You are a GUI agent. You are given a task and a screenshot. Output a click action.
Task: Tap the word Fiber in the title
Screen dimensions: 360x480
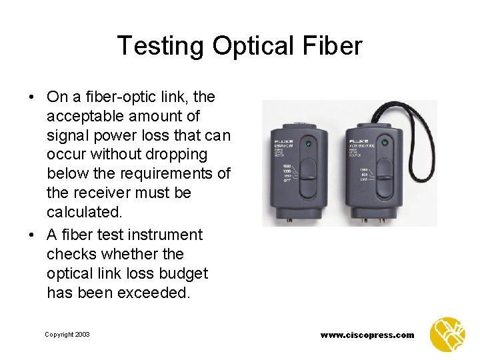point(336,46)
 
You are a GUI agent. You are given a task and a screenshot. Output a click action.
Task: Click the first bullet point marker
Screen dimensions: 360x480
point(32,97)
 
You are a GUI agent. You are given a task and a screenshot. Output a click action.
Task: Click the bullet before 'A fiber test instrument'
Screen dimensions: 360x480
point(32,235)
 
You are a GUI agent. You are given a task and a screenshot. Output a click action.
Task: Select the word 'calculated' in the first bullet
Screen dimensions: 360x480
point(82,212)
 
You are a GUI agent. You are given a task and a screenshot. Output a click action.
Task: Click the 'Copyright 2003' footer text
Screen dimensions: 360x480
point(67,335)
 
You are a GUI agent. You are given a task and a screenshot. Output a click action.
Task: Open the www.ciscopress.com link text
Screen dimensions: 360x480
point(367,335)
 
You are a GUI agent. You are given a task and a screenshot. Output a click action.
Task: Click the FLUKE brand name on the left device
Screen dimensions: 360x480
point(280,141)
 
